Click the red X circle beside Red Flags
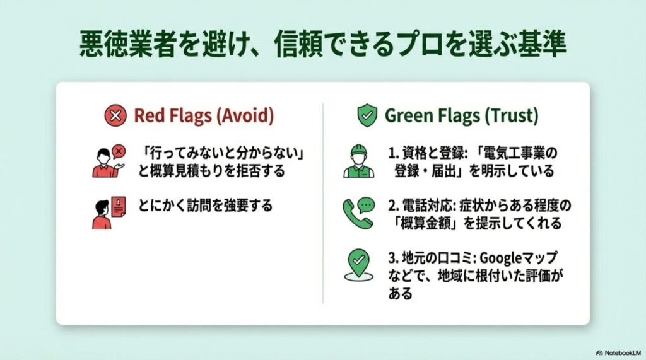pyautogui.click(x=115, y=115)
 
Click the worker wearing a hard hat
pyautogui.click(x=358, y=162)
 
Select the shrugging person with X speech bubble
pyautogui.click(x=107, y=161)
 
